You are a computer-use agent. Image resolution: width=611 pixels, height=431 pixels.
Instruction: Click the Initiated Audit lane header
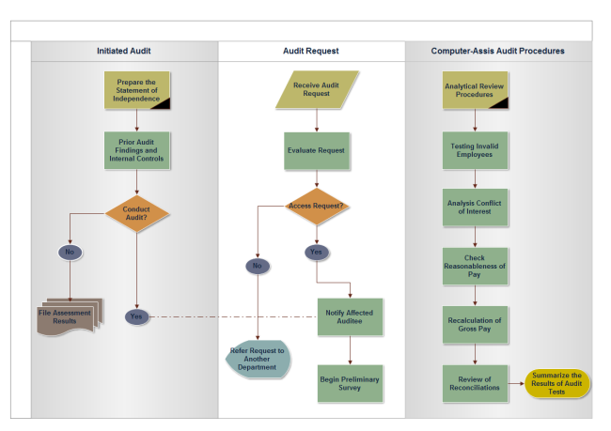(123, 51)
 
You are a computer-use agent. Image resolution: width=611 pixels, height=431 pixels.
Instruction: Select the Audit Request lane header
(310, 51)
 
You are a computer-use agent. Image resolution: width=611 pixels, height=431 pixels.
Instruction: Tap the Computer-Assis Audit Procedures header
(497, 51)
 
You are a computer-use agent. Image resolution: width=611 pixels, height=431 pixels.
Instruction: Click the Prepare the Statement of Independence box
(137, 89)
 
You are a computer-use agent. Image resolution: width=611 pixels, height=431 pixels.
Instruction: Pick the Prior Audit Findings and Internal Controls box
(137, 150)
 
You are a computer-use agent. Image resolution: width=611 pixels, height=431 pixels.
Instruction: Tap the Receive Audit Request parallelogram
(317, 89)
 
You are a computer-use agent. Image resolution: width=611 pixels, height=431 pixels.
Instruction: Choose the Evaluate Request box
(317, 150)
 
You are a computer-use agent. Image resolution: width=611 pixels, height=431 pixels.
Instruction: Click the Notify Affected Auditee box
(350, 316)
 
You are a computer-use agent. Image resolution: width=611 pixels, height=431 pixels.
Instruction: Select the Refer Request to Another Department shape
(257, 360)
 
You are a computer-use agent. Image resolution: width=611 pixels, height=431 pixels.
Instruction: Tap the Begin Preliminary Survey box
(350, 383)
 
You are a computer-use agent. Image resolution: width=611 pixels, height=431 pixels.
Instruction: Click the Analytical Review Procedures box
(475, 89)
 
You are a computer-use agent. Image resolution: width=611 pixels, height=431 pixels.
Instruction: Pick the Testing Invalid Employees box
(475, 149)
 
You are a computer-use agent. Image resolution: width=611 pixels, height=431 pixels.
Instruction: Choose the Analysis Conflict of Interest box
(475, 207)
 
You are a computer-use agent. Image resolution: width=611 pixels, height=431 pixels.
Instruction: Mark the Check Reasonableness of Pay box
(475, 266)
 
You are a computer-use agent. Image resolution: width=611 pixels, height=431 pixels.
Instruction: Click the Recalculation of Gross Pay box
(475, 324)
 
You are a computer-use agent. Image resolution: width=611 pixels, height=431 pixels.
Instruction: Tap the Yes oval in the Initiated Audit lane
(137, 316)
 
